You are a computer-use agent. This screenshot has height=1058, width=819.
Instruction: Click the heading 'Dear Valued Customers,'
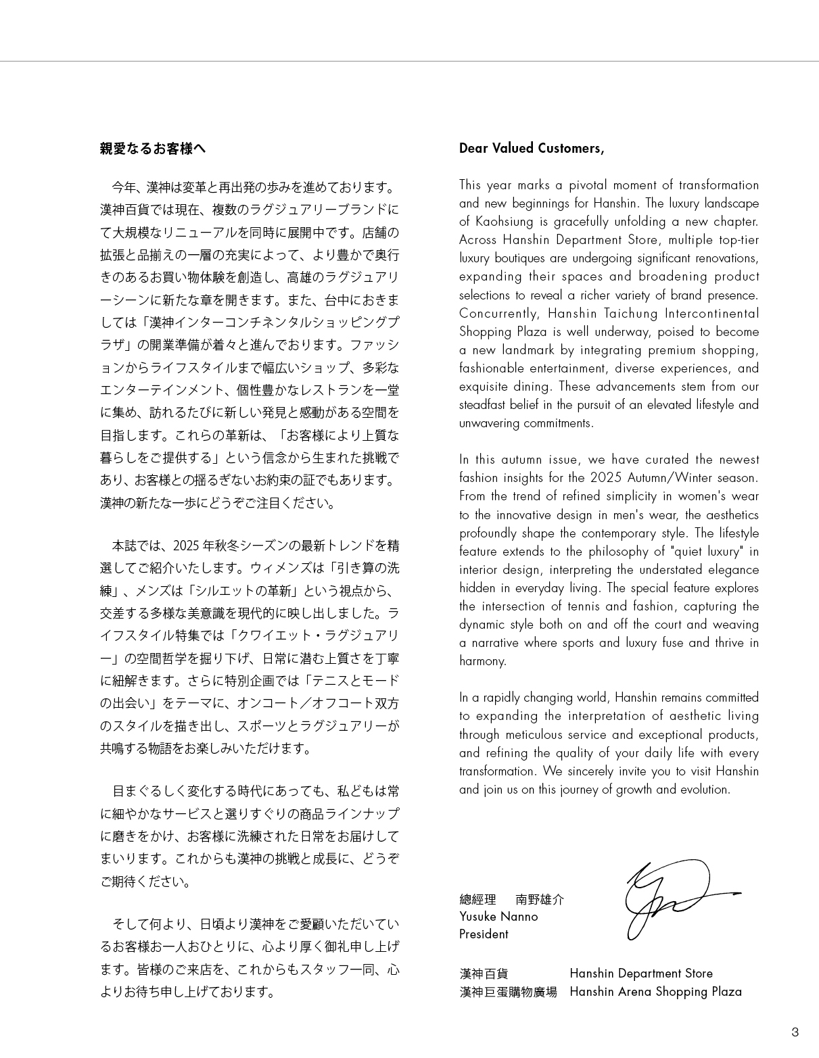[532, 148]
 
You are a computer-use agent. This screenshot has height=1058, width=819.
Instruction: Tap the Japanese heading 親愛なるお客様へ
[153, 149]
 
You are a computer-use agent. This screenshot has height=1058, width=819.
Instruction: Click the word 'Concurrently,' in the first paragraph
[498, 314]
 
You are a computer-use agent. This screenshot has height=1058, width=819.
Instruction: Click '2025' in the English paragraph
[606, 478]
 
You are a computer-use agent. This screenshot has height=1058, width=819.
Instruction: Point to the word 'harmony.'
[483, 661]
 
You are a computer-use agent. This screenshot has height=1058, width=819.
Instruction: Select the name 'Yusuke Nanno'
[498, 917]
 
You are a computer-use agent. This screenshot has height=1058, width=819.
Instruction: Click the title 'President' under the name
[484, 934]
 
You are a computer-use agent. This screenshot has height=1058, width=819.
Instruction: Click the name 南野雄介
[540, 899]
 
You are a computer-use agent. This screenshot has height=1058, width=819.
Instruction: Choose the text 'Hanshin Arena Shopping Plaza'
[655, 992]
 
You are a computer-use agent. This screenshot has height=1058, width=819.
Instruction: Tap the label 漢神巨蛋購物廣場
[509, 992]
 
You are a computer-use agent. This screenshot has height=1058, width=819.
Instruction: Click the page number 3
[795, 1032]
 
